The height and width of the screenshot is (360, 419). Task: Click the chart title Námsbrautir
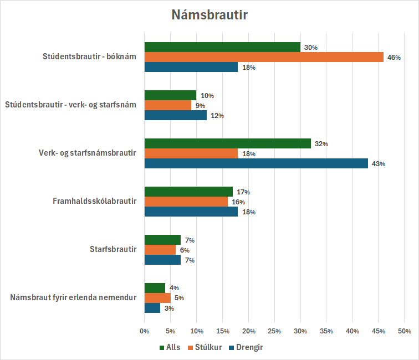point(209,15)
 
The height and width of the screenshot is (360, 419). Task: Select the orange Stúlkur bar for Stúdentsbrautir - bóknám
point(264,57)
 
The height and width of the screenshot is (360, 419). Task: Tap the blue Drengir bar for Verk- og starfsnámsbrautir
point(256,163)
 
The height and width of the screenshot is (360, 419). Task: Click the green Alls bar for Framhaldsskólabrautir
point(188,192)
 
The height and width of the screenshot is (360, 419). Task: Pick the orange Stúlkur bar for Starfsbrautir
point(160,250)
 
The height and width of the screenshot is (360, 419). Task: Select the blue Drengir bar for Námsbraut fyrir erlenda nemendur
point(152,308)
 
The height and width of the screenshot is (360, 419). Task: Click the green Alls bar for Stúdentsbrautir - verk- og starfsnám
point(170,95)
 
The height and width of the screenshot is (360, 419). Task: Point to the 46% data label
point(394,58)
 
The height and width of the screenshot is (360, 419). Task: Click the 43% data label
point(378,164)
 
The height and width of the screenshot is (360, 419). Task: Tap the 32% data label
point(321,144)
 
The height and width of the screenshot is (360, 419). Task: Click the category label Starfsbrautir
point(113,250)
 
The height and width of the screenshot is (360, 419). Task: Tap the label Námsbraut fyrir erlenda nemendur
point(73,298)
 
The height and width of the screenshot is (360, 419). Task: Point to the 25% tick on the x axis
point(274,331)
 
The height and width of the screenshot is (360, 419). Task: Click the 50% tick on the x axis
point(404,331)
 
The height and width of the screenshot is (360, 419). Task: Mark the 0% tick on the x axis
point(145,331)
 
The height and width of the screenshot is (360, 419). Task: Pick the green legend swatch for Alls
point(162,348)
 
